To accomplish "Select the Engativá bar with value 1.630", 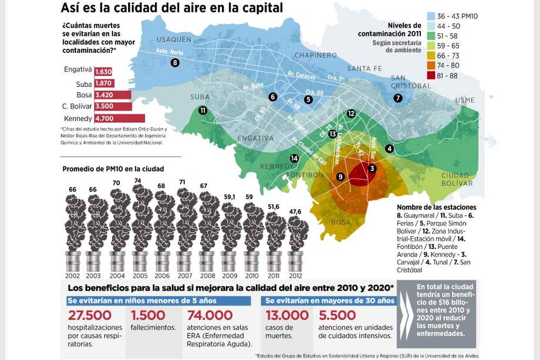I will (x=103, y=72).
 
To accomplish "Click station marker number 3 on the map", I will (x=372, y=169).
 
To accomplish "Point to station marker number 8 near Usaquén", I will (x=175, y=63).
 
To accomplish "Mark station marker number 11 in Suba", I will (x=203, y=110).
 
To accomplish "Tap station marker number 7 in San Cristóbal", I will (x=398, y=98).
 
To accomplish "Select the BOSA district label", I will (x=341, y=223).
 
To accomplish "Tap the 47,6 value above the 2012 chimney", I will (x=295, y=211).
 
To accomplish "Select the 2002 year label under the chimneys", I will (x=73, y=275).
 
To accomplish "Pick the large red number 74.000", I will (x=210, y=315).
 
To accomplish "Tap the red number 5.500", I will (x=338, y=315).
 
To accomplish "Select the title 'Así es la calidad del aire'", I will (x=172, y=8).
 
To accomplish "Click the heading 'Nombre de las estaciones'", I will (x=436, y=207).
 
